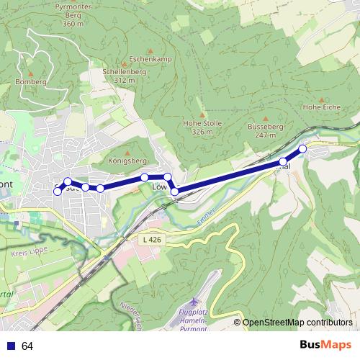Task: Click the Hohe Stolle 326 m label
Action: tap(199, 128)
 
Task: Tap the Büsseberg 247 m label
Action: tap(261, 130)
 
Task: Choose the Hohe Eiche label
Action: tap(321, 107)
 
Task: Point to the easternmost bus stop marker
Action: tap(302, 148)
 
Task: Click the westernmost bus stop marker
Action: tap(58, 192)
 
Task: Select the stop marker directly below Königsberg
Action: tap(145, 177)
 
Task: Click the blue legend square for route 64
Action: tap(11, 346)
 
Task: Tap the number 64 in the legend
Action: tap(27, 346)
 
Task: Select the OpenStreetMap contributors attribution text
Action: tap(297, 323)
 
